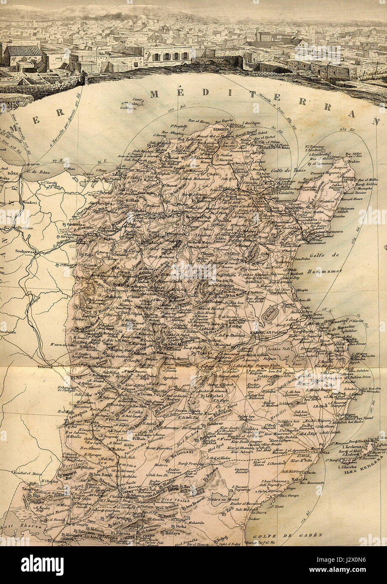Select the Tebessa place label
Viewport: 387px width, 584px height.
click(45, 366)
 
